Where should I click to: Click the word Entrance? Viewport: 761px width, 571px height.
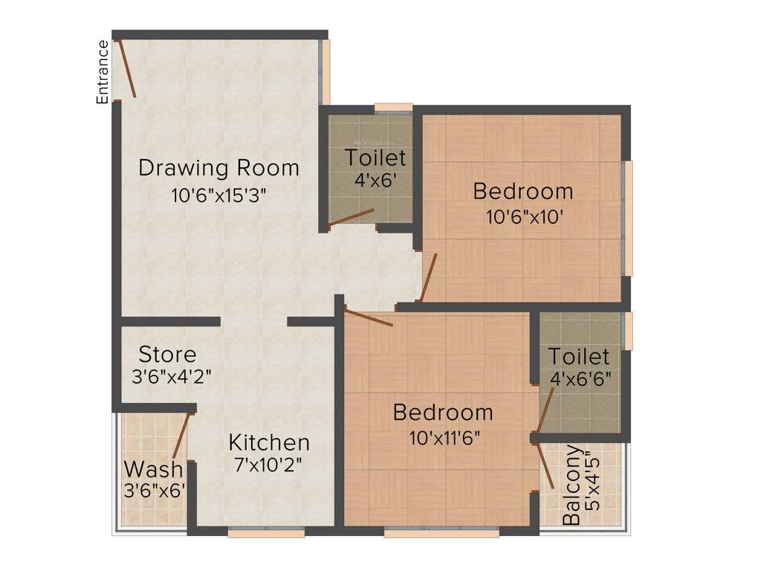pyautogui.click(x=103, y=71)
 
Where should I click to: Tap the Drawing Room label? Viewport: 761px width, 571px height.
pyautogui.click(x=219, y=167)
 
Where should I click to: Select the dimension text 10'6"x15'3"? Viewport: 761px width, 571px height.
pyautogui.click(x=218, y=196)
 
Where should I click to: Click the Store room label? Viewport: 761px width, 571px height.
pyautogui.click(x=168, y=354)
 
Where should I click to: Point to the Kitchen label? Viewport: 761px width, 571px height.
pyautogui.click(x=268, y=442)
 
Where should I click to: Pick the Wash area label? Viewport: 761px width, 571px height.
pyautogui.click(x=153, y=469)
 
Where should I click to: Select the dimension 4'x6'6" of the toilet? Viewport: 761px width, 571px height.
pyautogui.click(x=580, y=378)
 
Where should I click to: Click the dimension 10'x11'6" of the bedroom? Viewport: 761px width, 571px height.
pyautogui.click(x=443, y=437)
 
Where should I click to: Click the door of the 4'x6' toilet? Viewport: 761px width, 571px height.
pyautogui.click(x=352, y=216)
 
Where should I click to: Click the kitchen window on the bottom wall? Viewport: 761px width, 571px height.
pyautogui.click(x=265, y=532)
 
